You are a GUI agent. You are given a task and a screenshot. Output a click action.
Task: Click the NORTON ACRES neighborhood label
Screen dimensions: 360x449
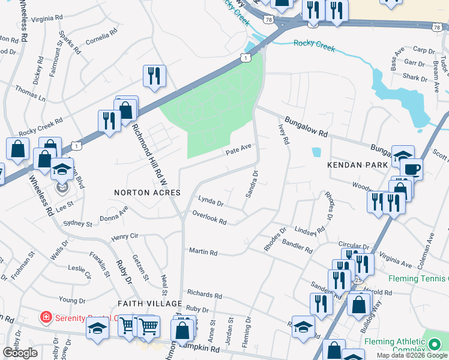pos(147,193)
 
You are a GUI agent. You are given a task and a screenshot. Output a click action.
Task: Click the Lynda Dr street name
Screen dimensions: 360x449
pos(211,201)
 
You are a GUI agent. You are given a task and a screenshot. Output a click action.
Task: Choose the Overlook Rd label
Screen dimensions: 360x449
pos(209,217)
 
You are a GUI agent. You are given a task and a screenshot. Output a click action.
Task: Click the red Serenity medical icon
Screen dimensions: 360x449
pos(45,316)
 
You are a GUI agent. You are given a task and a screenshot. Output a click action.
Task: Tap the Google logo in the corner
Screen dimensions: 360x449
pos(20,353)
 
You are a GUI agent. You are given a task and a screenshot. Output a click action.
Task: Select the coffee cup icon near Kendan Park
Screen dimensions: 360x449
pos(412,169)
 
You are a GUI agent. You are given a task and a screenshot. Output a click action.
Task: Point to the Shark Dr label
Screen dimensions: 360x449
pos(415,77)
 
